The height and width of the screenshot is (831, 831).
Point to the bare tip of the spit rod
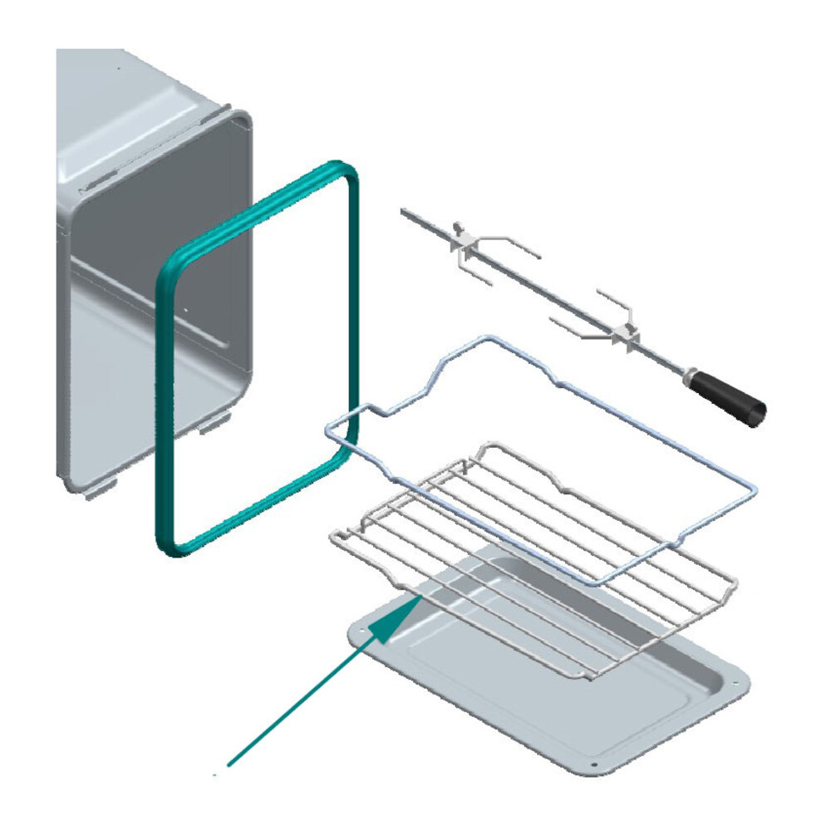pyautogui.click(x=406, y=213)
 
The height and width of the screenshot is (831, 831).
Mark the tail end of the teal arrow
pyautogui.click(x=230, y=762)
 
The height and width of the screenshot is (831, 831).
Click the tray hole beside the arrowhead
pyautogui.click(x=363, y=633)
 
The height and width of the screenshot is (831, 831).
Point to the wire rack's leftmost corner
pyautogui.click(x=334, y=534)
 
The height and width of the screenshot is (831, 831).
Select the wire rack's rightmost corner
pyautogui.click(x=733, y=578)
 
